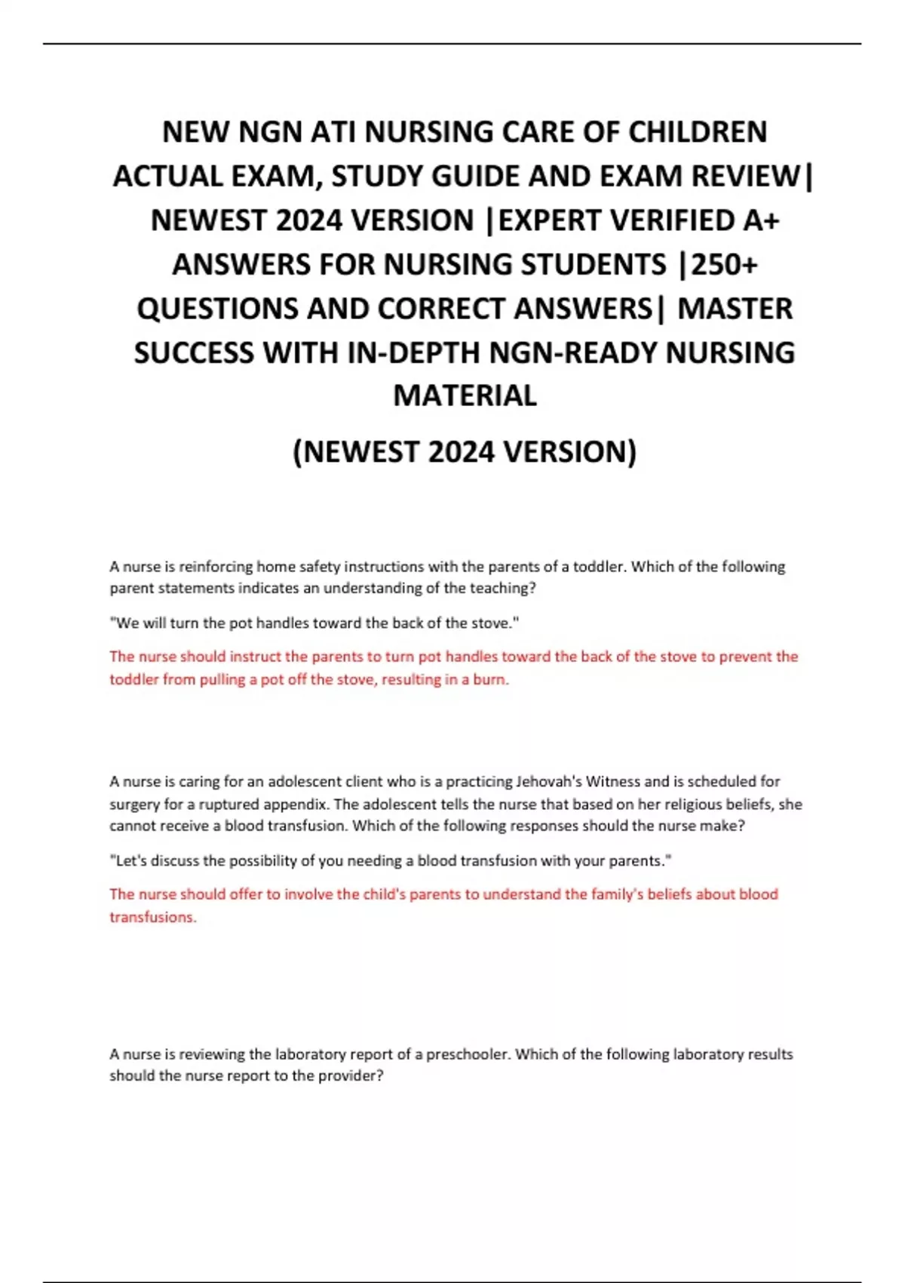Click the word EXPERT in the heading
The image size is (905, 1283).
(550, 220)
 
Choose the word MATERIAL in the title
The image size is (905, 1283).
(465, 395)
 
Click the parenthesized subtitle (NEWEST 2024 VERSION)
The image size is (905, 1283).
(465, 451)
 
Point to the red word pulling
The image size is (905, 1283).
(222, 679)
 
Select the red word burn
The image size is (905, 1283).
(490, 679)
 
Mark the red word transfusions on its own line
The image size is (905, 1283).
(152, 917)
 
